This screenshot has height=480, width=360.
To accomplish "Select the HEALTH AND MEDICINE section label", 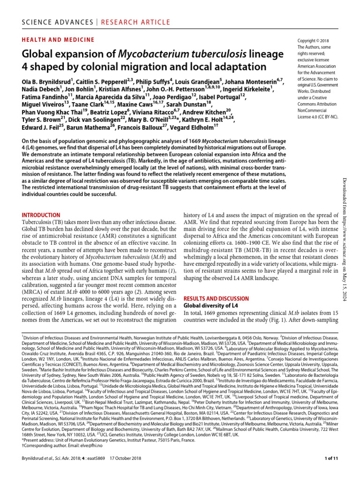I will tap(58, 40).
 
